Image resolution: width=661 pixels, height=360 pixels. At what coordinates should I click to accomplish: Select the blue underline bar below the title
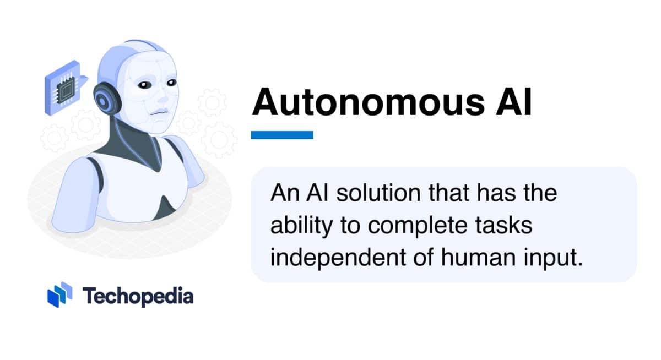click(x=282, y=135)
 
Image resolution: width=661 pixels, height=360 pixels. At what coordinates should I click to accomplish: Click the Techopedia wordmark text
click(x=138, y=296)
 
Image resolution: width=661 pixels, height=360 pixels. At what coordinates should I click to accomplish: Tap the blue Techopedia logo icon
click(x=59, y=294)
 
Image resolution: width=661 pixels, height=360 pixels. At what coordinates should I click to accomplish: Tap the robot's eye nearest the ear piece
click(x=144, y=85)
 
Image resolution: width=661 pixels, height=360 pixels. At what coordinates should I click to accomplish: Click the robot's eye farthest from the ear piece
click(x=171, y=82)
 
